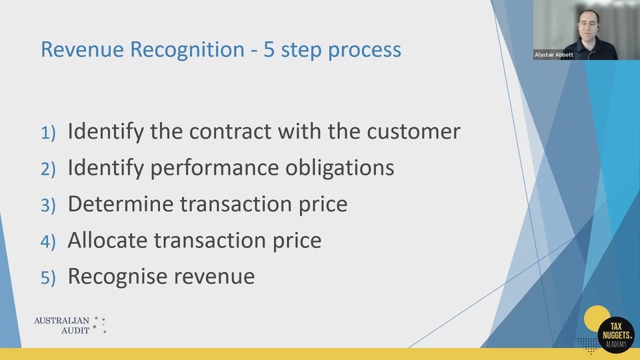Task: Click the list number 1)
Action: pyautogui.click(x=49, y=133)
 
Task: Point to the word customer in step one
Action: pyautogui.click(x=413, y=131)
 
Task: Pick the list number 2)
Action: pyautogui.click(x=49, y=169)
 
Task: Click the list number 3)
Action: pyautogui.click(x=49, y=205)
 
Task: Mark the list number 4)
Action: pyautogui.click(x=49, y=241)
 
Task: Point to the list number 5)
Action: pyautogui.click(x=49, y=277)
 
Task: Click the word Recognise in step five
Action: pyautogui.click(x=114, y=276)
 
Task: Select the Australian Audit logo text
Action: pyautogui.click(x=63, y=325)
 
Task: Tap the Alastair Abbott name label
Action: pyautogui.click(x=553, y=55)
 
